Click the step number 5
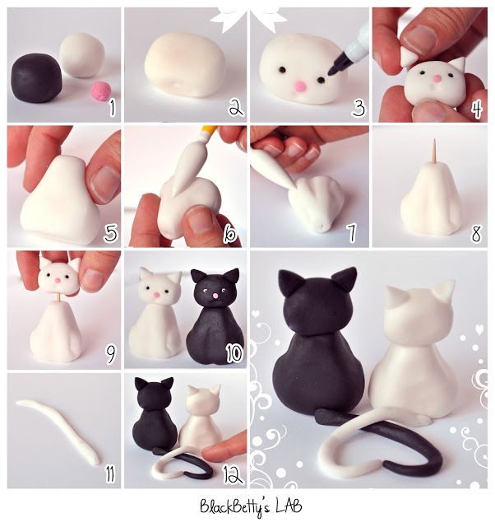(x=110, y=233)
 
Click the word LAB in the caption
(x=282, y=505)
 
